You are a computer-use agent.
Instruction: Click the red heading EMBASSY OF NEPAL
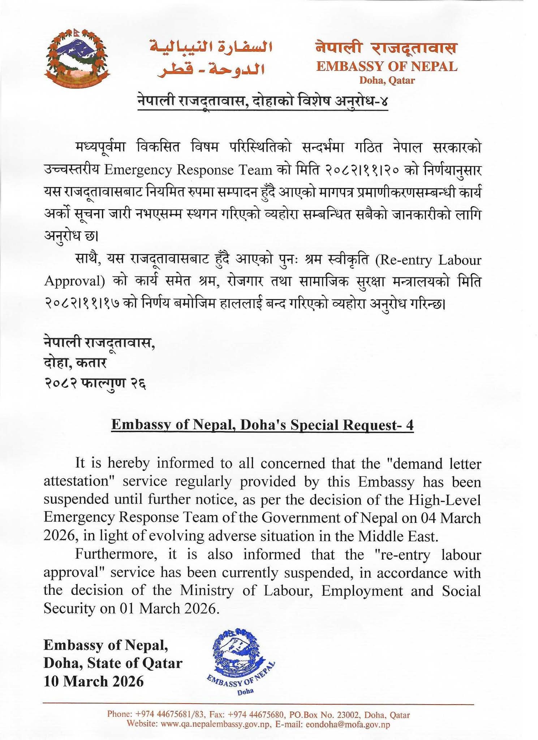tap(387, 66)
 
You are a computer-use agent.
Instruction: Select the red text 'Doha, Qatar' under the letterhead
tap(387, 80)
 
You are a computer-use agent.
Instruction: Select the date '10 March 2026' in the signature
tap(94, 681)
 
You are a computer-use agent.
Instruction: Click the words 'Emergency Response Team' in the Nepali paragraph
tap(188, 170)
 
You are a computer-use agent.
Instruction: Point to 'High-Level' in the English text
tap(444, 500)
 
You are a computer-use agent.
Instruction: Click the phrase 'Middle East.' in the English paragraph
tap(398, 536)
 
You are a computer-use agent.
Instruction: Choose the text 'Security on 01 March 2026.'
tap(132, 608)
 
